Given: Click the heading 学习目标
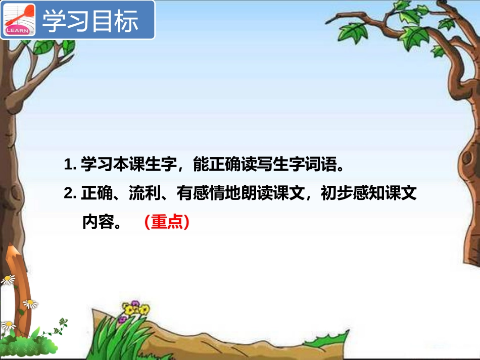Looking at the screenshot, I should tap(90, 21).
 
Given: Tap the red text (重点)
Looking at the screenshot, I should tap(166, 222).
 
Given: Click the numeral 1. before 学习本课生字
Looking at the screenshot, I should tap(70, 165).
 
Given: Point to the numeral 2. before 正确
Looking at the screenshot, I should tap(70, 194).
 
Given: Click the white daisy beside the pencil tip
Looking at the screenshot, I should tap(9, 279).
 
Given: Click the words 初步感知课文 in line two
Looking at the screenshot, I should tap(369, 194).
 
